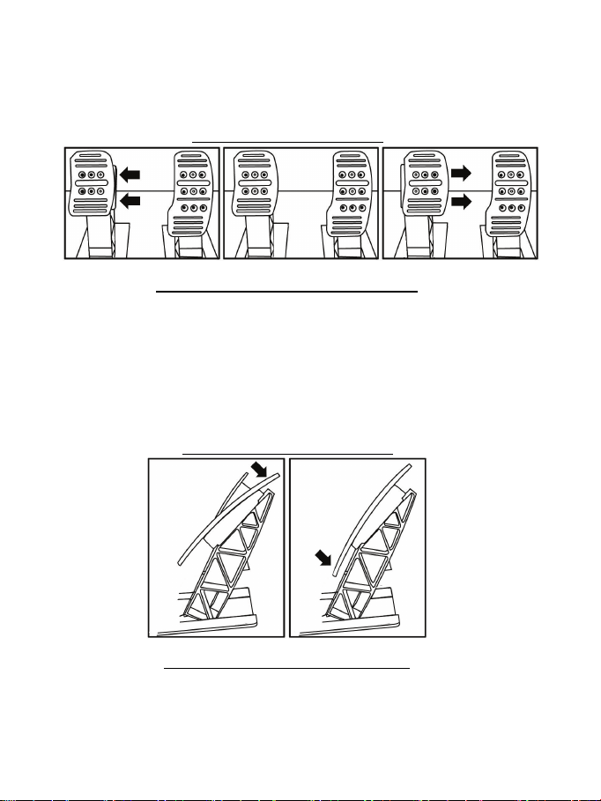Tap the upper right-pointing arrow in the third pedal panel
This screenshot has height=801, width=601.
click(459, 174)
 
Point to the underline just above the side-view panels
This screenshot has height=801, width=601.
click(287, 453)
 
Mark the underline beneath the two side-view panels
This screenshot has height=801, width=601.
click(288, 668)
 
